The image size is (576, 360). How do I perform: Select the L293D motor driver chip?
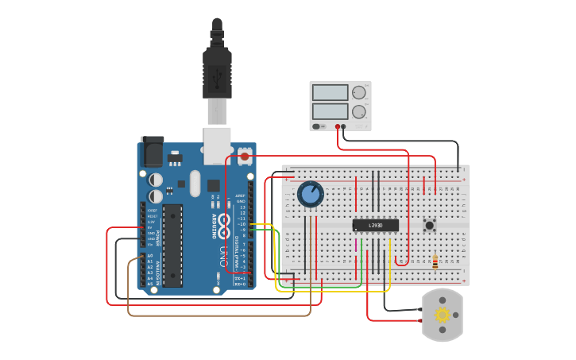375,226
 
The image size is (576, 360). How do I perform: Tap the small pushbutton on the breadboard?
430,225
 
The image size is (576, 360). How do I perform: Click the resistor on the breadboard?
435,262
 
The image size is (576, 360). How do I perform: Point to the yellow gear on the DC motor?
443,315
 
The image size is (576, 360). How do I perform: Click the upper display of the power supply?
330,93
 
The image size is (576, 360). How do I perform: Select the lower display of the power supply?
330,111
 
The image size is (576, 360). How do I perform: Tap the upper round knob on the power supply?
359,92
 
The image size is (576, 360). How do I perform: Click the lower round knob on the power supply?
359,111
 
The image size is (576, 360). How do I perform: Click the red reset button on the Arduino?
245,157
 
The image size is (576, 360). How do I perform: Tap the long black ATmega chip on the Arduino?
173,245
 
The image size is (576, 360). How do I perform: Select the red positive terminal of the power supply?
338,126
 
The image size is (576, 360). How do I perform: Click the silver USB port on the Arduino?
217,145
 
